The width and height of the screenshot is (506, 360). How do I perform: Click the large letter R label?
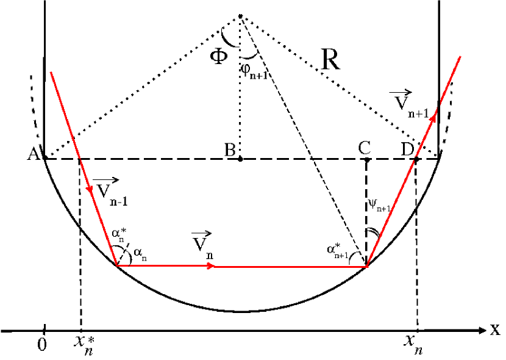[330, 61]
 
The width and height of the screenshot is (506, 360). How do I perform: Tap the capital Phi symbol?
[219, 57]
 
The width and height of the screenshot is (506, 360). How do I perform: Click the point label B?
[230, 149]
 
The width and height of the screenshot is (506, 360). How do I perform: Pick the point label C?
[365, 147]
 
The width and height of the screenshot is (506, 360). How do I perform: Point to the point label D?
[407, 148]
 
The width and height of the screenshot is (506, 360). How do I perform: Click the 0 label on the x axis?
[41, 345]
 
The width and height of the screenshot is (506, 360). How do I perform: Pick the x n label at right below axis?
[413, 346]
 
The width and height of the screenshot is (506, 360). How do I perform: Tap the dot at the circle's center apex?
[240, 15]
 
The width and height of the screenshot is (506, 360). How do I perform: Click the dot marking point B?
[240, 159]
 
